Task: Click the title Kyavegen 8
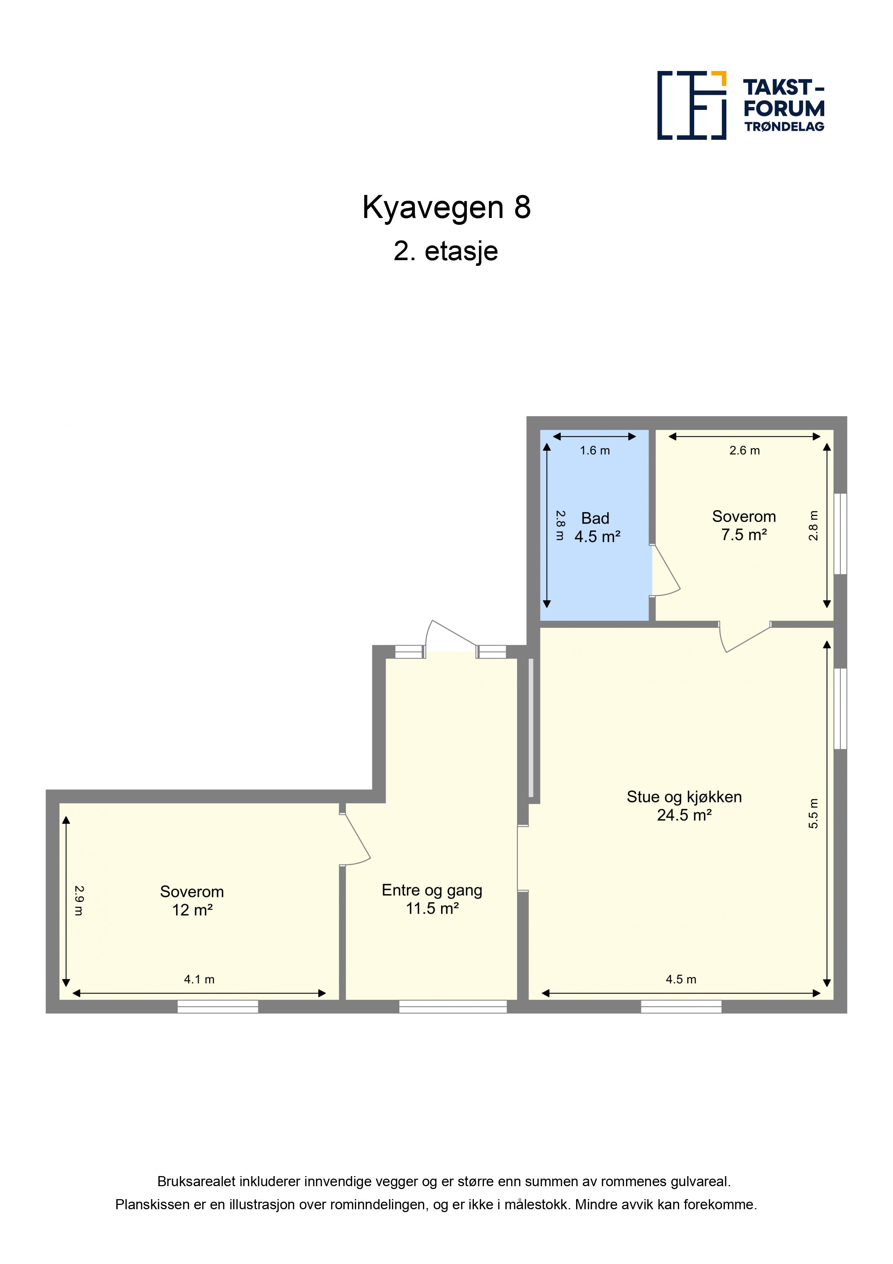446,208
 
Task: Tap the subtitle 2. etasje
446,251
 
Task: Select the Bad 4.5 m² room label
597,527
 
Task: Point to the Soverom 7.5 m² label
744,525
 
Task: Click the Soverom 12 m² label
192,901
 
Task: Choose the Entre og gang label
432,890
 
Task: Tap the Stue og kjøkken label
684,797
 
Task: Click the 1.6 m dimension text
595,450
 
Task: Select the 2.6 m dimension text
744,450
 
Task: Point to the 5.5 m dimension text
813,813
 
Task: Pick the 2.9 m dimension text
79,901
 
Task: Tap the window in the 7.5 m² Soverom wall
840,534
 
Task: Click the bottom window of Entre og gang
453,1006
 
